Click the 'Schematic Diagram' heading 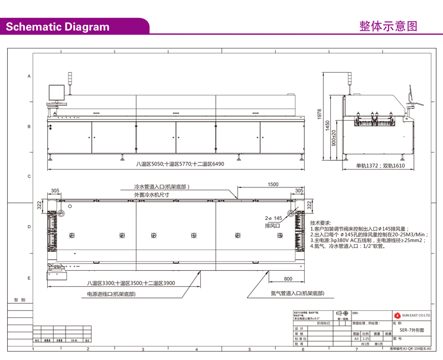(x=57, y=27)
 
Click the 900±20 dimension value (x=334, y=139)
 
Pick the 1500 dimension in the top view (x=272, y=184)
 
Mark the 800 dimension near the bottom (x=288, y=278)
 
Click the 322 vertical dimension (x=39, y=205)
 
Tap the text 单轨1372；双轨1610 (x=380, y=166)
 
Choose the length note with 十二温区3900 (x=129, y=283)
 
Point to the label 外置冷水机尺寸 (x=152, y=194)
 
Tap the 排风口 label (x=272, y=226)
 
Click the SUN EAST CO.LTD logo (x=413, y=316)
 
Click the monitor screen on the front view (x=57, y=93)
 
